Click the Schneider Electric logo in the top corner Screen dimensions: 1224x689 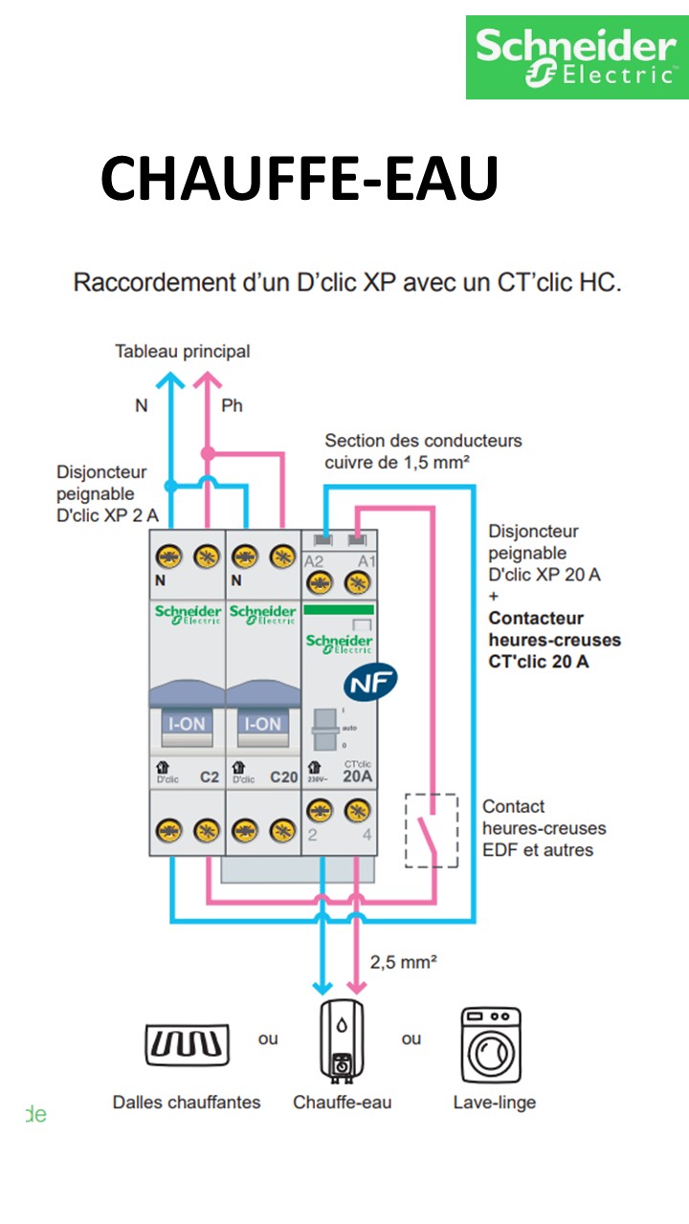click(x=576, y=57)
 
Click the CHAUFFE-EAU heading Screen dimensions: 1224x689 click(x=300, y=178)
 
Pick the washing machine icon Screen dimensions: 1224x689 click(x=491, y=1045)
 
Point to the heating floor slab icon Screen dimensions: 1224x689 click(x=188, y=1044)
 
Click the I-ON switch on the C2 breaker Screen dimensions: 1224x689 click(x=187, y=724)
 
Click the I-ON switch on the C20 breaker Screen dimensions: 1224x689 click(x=263, y=724)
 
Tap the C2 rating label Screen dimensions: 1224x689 click(x=210, y=777)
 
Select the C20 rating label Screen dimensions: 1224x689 click(x=284, y=777)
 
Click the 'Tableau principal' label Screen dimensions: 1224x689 click(x=183, y=352)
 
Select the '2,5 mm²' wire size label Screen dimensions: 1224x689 click(x=404, y=962)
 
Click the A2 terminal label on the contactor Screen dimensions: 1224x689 click(x=314, y=561)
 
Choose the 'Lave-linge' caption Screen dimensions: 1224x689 click(x=494, y=1103)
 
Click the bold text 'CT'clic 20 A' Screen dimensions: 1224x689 click(x=539, y=661)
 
